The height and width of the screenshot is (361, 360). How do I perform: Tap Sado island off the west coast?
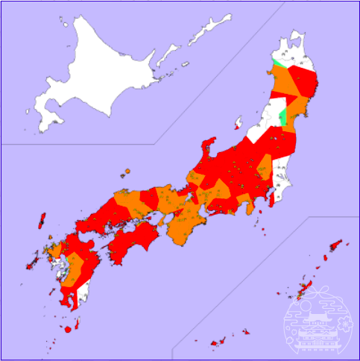tap(239, 121)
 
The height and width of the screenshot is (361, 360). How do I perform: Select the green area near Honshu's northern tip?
tap(277, 63)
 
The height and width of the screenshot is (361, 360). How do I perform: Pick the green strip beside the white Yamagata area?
tap(282, 116)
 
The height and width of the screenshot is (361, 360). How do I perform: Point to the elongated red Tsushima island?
tap(41, 220)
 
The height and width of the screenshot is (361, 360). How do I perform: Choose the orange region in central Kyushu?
tap(75, 265)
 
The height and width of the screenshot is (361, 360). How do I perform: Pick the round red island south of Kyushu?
tap(68, 327)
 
